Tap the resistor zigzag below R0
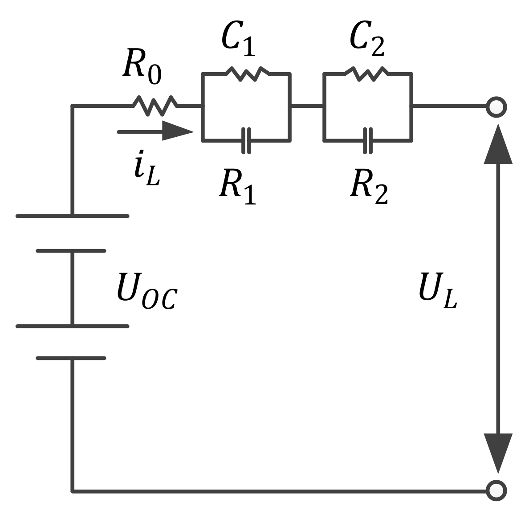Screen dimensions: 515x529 (155, 106)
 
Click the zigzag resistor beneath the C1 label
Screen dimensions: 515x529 (248, 74)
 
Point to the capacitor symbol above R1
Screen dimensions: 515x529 (246, 140)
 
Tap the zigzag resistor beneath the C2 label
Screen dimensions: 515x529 (366, 74)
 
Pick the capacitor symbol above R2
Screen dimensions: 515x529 (368, 140)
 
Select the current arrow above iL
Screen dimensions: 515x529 (156, 131)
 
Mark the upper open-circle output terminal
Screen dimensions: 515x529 (496, 107)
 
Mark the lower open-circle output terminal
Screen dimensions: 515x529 (496, 490)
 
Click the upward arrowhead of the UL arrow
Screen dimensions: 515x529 (498, 145)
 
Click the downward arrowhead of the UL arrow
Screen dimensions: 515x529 (498, 452)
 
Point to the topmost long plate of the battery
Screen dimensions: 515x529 (72, 216)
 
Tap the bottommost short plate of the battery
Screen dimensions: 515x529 (71, 358)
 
